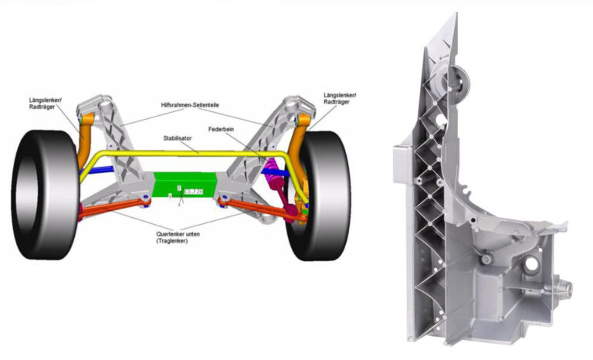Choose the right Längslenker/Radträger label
[341, 99]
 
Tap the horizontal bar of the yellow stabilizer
[185, 154]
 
